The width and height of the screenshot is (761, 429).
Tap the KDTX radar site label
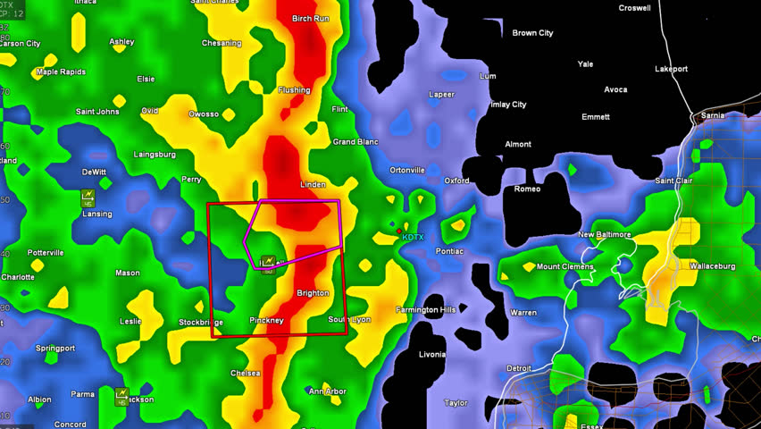click(x=413, y=237)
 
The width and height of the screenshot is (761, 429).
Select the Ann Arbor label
click(x=327, y=391)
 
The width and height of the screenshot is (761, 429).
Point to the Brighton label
click(x=313, y=293)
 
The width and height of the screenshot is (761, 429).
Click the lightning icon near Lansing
click(x=88, y=197)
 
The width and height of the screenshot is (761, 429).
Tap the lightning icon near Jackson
click(x=121, y=394)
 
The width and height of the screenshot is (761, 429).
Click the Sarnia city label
click(x=711, y=115)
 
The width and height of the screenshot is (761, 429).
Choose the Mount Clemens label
click(x=564, y=267)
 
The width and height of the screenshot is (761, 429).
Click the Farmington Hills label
click(x=426, y=310)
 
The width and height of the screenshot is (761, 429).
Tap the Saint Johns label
click(x=97, y=112)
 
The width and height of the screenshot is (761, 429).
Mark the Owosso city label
click(x=203, y=114)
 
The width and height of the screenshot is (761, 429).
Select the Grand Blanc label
click(x=355, y=142)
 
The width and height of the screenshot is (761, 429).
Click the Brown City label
click(x=532, y=33)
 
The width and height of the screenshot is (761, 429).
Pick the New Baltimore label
click(x=605, y=235)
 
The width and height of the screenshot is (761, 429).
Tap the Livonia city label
click(x=432, y=355)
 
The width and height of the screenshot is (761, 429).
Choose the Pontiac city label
click(x=449, y=252)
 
